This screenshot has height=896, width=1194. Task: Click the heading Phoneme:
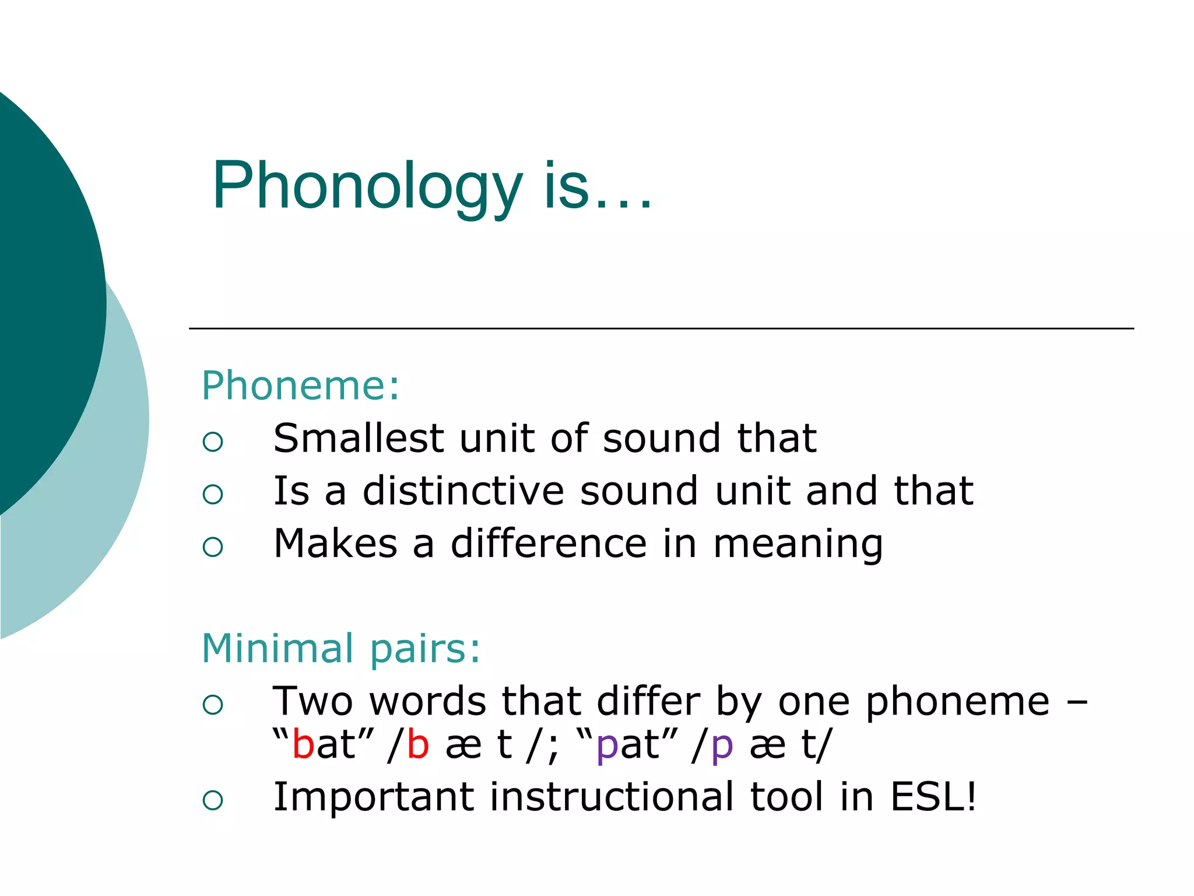click(301, 386)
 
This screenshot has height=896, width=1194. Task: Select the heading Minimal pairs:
click(341, 649)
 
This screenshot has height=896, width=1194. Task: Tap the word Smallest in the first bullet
click(359, 438)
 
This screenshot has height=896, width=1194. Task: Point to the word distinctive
click(463, 491)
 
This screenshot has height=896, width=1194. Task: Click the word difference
click(549, 544)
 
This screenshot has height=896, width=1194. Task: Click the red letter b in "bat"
click(303, 745)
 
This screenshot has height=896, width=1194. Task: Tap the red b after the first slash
click(418, 745)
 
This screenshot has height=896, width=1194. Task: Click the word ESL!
click(933, 797)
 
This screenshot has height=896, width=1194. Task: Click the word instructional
click(612, 797)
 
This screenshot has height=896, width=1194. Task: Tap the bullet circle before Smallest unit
click(213, 442)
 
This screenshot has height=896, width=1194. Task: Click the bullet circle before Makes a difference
click(213, 547)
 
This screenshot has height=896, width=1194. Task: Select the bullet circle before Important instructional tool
click(213, 800)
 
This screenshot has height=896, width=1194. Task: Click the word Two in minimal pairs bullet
click(313, 701)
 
